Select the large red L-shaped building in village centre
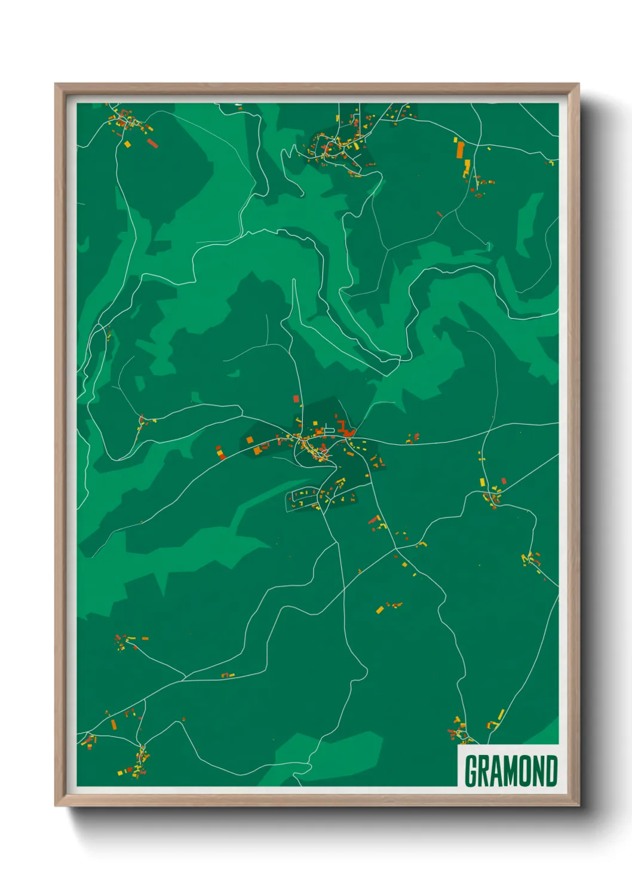(344, 429)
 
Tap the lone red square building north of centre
(296, 398)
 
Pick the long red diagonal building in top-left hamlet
(152, 143)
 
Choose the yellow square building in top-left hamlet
(127, 144)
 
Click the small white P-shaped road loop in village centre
(328, 430)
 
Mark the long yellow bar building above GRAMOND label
(501, 714)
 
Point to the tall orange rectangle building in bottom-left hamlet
(113, 725)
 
